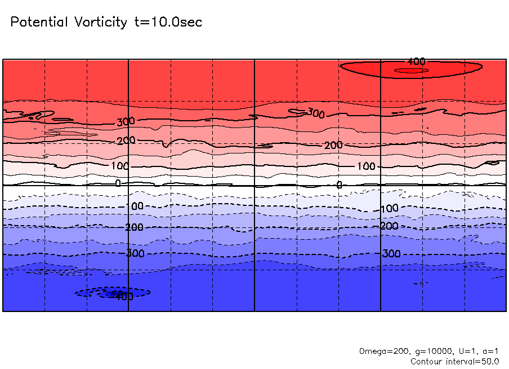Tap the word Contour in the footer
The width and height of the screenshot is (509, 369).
(x=426, y=361)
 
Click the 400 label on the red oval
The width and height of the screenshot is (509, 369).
(x=416, y=61)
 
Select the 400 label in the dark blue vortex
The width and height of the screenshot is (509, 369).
(x=123, y=296)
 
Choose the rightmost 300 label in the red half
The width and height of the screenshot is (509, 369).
(x=316, y=114)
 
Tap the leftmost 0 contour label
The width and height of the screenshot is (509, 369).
(x=118, y=183)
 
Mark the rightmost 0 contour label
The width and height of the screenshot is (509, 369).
(x=339, y=184)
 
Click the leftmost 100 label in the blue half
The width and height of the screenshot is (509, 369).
(x=137, y=207)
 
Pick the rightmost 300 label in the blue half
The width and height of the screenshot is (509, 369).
(x=391, y=254)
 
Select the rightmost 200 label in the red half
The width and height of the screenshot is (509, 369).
(x=333, y=146)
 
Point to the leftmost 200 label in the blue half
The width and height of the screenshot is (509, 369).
(x=134, y=227)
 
